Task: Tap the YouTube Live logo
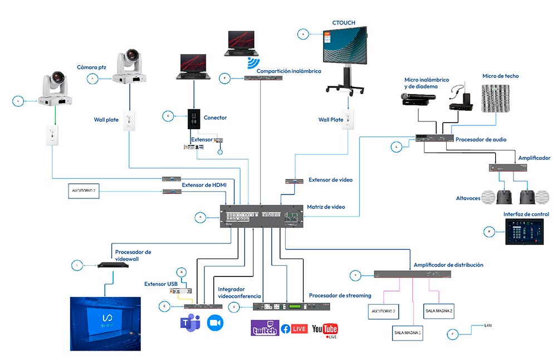coord(325,330)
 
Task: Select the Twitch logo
coord(265,329)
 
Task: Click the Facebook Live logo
coord(294,329)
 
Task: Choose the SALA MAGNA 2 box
coord(438,310)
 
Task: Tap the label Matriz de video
coord(326,207)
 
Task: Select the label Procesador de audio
coord(481,139)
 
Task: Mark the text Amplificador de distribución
coord(448,265)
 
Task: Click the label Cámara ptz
coord(91,67)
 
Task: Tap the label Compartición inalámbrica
coord(289,71)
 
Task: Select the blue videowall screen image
coord(105,323)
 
